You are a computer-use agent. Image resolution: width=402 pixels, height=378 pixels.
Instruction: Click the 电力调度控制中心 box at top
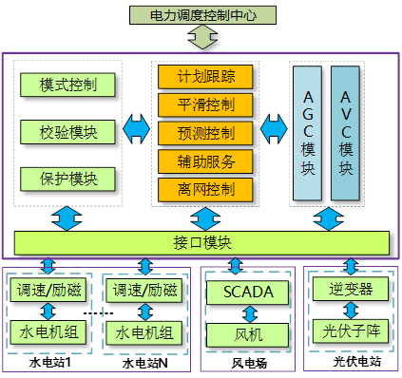point(200,15)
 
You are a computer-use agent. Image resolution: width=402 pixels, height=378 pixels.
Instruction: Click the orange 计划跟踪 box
point(206,76)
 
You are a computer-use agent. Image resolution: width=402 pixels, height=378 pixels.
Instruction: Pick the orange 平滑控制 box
point(206,104)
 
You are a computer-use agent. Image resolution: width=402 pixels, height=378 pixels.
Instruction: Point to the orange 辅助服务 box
point(206,160)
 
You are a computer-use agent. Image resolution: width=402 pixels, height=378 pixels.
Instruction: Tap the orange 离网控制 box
point(206,188)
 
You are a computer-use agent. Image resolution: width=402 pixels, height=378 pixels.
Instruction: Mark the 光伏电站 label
point(356,362)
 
